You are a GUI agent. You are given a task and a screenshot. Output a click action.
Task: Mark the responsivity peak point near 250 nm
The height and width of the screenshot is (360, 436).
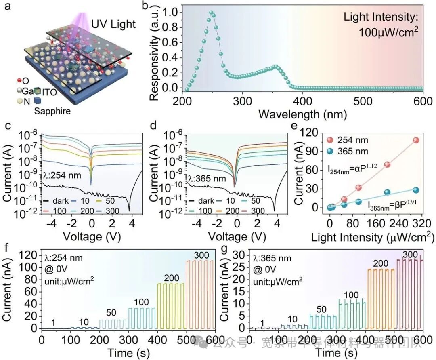coord(211,13)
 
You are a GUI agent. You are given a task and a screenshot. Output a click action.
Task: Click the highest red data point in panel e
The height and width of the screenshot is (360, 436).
coord(416,140)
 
